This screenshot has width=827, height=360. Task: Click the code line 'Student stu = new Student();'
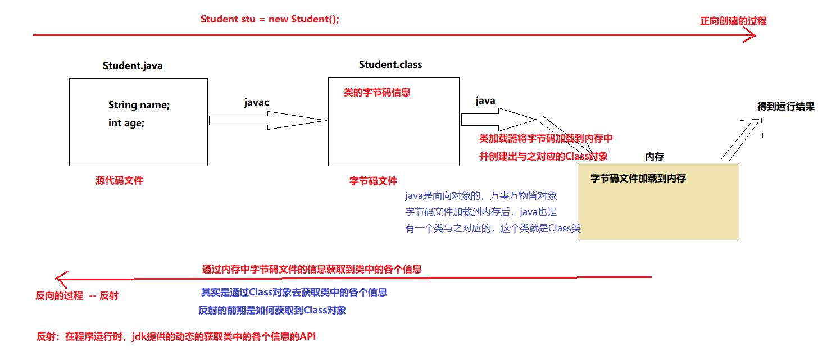(270, 19)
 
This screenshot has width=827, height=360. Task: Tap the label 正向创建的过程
(733, 21)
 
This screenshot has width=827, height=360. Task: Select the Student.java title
(133, 66)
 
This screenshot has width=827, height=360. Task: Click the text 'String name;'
(139, 105)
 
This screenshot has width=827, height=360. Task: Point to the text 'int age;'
(126, 123)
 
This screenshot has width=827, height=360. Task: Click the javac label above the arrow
(256, 102)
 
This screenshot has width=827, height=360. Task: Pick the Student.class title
(390, 65)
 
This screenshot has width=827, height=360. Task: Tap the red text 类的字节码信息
(377, 92)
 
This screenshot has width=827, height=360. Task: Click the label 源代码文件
(119, 180)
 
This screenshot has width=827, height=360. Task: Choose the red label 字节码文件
(373, 181)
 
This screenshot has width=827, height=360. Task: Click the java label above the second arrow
(485, 101)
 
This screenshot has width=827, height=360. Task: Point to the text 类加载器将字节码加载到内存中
(546, 138)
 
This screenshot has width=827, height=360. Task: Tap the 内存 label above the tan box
(655, 157)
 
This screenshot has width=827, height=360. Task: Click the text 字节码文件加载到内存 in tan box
(638, 179)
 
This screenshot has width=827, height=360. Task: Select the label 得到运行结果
(785, 106)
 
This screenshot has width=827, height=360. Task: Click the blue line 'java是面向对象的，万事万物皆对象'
(481, 196)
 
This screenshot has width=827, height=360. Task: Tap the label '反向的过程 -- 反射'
(77, 295)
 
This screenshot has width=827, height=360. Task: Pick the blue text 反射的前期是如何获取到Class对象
(272, 310)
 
